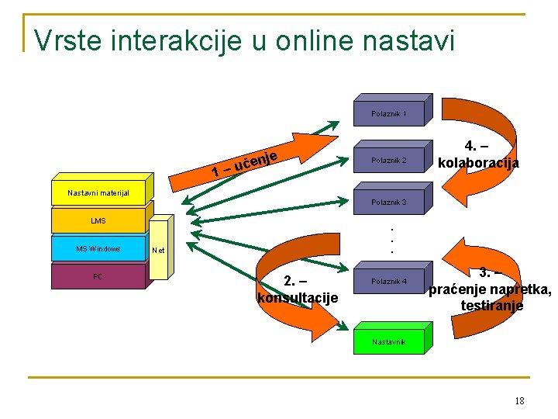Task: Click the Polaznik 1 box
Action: tap(388, 114)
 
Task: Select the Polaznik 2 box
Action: tap(388, 161)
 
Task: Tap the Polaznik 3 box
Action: tap(388, 203)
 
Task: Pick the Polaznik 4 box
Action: tap(388, 282)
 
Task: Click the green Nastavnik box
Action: tap(388, 341)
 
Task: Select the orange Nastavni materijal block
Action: tap(98, 192)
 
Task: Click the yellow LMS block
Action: tap(98, 221)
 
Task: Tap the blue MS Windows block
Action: tap(98, 249)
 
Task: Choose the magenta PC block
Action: tap(98, 277)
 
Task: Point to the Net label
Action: tap(159, 250)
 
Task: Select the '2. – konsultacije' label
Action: tap(298, 289)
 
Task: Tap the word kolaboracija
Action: tap(478, 163)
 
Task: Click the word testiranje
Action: tap(491, 306)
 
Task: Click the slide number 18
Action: tap(518, 400)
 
